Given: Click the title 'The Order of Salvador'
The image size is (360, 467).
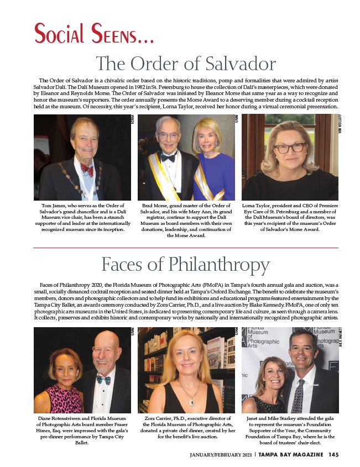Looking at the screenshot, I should (x=186, y=64).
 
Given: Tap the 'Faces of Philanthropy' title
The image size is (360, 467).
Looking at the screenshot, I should (x=186, y=262).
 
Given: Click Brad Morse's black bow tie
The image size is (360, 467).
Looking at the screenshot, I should (x=168, y=158).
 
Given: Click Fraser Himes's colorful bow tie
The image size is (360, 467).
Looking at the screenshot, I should (x=103, y=380).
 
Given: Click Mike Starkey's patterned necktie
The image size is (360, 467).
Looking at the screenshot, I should (x=298, y=396).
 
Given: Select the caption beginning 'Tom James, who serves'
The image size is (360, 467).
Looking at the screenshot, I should (x=82, y=218).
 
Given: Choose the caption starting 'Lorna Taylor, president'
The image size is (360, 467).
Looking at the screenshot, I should (x=290, y=218).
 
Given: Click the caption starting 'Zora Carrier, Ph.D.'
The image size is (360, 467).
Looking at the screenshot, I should (x=186, y=426).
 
